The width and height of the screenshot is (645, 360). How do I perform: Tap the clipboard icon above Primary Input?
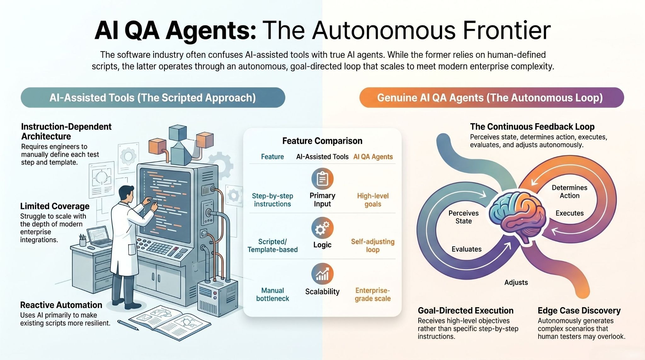[x=322, y=179]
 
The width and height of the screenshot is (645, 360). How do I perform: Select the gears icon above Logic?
[x=322, y=228]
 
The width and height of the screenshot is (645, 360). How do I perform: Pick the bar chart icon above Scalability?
[x=322, y=274]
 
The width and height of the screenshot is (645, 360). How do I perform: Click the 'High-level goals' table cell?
[x=373, y=200]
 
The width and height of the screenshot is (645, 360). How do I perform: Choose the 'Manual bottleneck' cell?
[x=272, y=294]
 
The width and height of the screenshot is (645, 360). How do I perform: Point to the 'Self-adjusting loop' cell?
[x=373, y=246]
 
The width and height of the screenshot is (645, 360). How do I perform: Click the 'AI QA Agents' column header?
[x=373, y=157]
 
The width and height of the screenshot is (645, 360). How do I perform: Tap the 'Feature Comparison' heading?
[x=322, y=141]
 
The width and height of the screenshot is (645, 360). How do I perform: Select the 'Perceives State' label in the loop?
[x=463, y=217]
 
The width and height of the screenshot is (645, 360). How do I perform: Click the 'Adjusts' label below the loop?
[x=516, y=283]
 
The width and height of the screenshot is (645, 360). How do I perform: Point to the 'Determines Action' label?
[x=569, y=191]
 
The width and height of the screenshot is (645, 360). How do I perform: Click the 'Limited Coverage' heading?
[x=55, y=206]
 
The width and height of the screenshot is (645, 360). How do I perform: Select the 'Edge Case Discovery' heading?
[x=579, y=311]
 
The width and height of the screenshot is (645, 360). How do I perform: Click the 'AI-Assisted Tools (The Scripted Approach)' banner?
[x=153, y=98]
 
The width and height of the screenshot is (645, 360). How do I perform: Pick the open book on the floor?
[x=170, y=323]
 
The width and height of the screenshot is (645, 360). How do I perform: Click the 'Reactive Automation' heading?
[x=61, y=305]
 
